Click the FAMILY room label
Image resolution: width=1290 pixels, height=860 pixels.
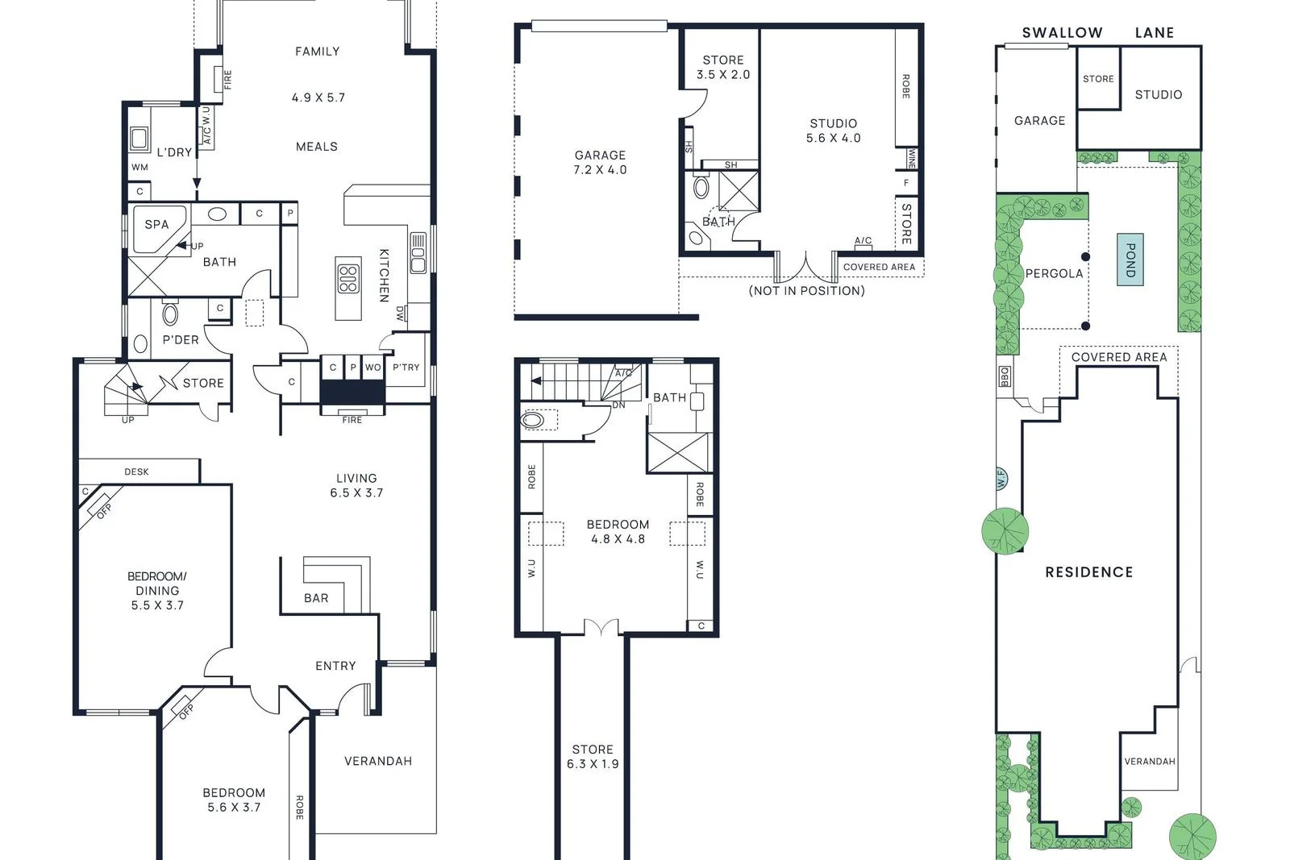point(317,52)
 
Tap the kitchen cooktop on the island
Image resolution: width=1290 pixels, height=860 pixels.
point(348,278)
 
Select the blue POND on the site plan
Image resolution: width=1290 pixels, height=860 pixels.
point(1130,260)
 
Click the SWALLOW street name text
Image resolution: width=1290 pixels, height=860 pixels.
point(1062,33)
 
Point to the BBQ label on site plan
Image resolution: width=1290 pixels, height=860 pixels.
point(1005,376)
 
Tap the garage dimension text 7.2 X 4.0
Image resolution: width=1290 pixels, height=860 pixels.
point(600,170)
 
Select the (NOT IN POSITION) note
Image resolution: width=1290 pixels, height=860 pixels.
point(806,291)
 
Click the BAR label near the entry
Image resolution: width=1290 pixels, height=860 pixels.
point(316,598)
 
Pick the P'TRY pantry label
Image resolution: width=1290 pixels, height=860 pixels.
point(406,368)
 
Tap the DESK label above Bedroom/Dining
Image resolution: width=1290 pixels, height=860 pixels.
point(136,472)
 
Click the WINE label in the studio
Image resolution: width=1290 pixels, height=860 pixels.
point(911,159)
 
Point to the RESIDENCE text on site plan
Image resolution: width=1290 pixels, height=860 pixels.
point(1088,572)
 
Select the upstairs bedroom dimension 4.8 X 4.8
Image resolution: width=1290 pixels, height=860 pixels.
point(618,539)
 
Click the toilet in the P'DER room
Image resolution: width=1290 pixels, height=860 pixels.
point(170,313)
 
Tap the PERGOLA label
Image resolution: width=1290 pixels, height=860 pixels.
point(1054,274)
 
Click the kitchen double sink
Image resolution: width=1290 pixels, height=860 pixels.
point(418,254)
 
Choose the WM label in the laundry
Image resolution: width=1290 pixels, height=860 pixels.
point(139,168)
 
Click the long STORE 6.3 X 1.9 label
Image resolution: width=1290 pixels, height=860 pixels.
point(593,757)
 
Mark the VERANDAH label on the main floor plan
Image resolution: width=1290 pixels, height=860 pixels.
point(377,761)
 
